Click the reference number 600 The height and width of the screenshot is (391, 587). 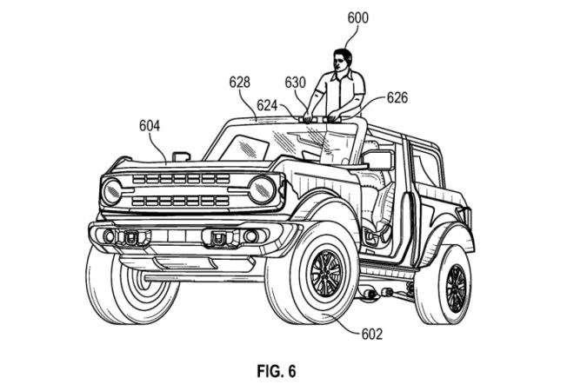(357, 17)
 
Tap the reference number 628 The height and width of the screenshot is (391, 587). (239, 82)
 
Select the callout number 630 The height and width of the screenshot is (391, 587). (296, 82)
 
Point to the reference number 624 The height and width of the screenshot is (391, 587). (267, 105)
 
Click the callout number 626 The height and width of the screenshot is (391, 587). (397, 97)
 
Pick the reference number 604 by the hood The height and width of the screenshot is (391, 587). (149, 125)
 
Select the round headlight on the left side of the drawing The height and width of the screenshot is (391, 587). (111, 191)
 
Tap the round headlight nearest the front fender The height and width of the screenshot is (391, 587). (261, 189)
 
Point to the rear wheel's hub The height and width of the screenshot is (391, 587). (456, 288)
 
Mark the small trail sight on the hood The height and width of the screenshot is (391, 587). (182, 156)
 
